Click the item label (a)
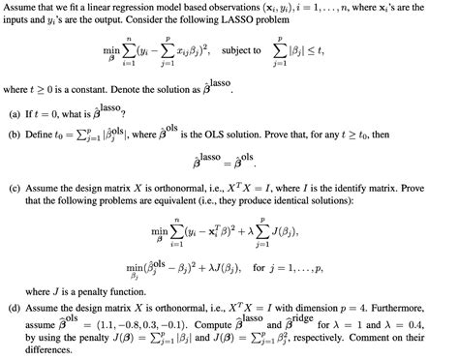pyautogui.click(x=15, y=112)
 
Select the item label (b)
pyautogui.click(x=15, y=133)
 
